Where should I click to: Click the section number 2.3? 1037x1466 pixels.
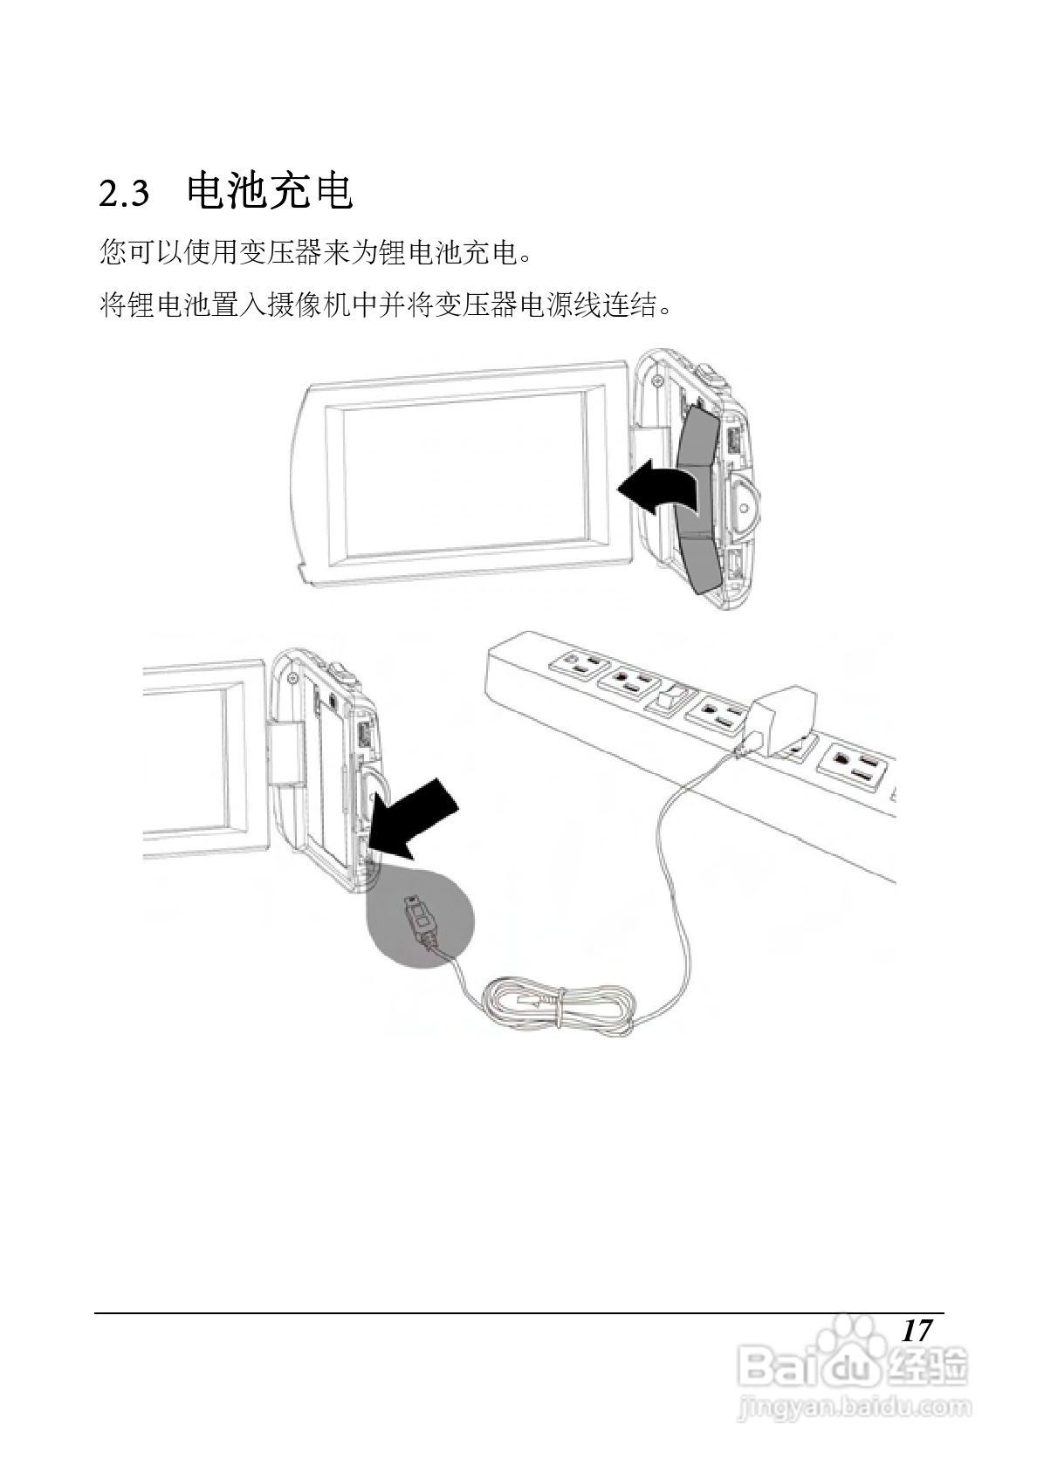(124, 194)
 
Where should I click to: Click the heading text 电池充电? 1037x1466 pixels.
(270, 192)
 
